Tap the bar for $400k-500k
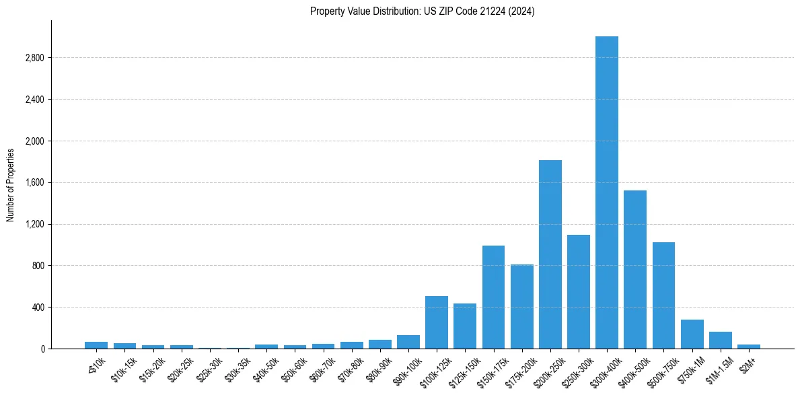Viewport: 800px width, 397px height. tap(635, 269)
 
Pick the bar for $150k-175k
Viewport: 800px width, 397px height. tap(493, 297)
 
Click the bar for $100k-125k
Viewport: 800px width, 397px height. tap(437, 322)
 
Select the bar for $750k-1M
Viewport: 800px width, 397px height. tap(692, 334)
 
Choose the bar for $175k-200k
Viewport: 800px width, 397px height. tap(521, 306)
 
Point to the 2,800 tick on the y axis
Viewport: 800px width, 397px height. tap(34, 58)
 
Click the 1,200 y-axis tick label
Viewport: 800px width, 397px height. tap(34, 224)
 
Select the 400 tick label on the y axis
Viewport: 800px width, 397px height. tap(38, 308)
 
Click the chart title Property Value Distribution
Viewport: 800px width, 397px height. tap(422, 11)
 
